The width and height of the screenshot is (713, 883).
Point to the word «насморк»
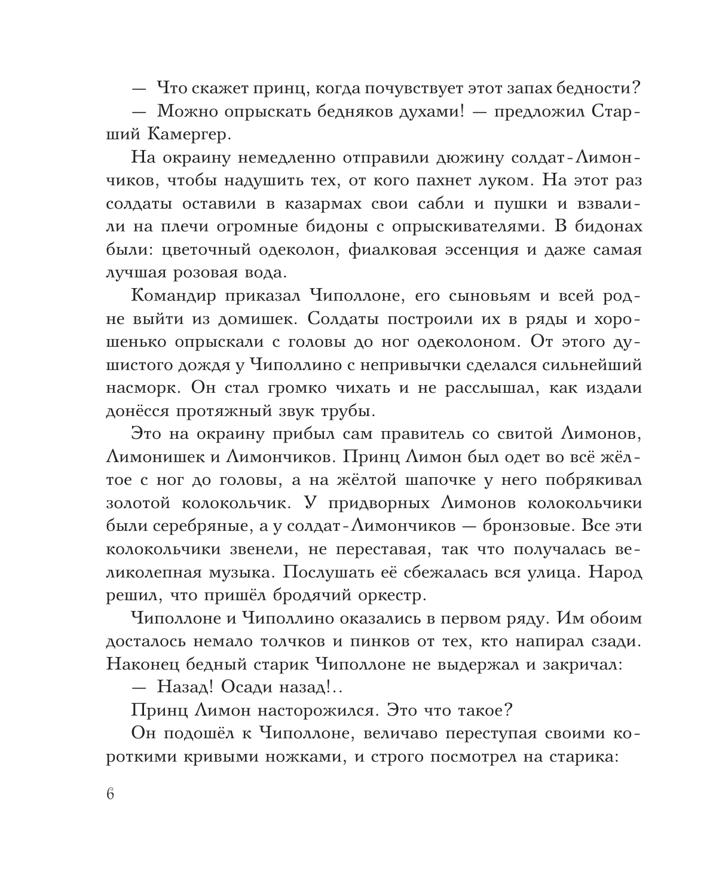[x=143, y=388]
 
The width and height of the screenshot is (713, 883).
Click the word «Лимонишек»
[x=158, y=457]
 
